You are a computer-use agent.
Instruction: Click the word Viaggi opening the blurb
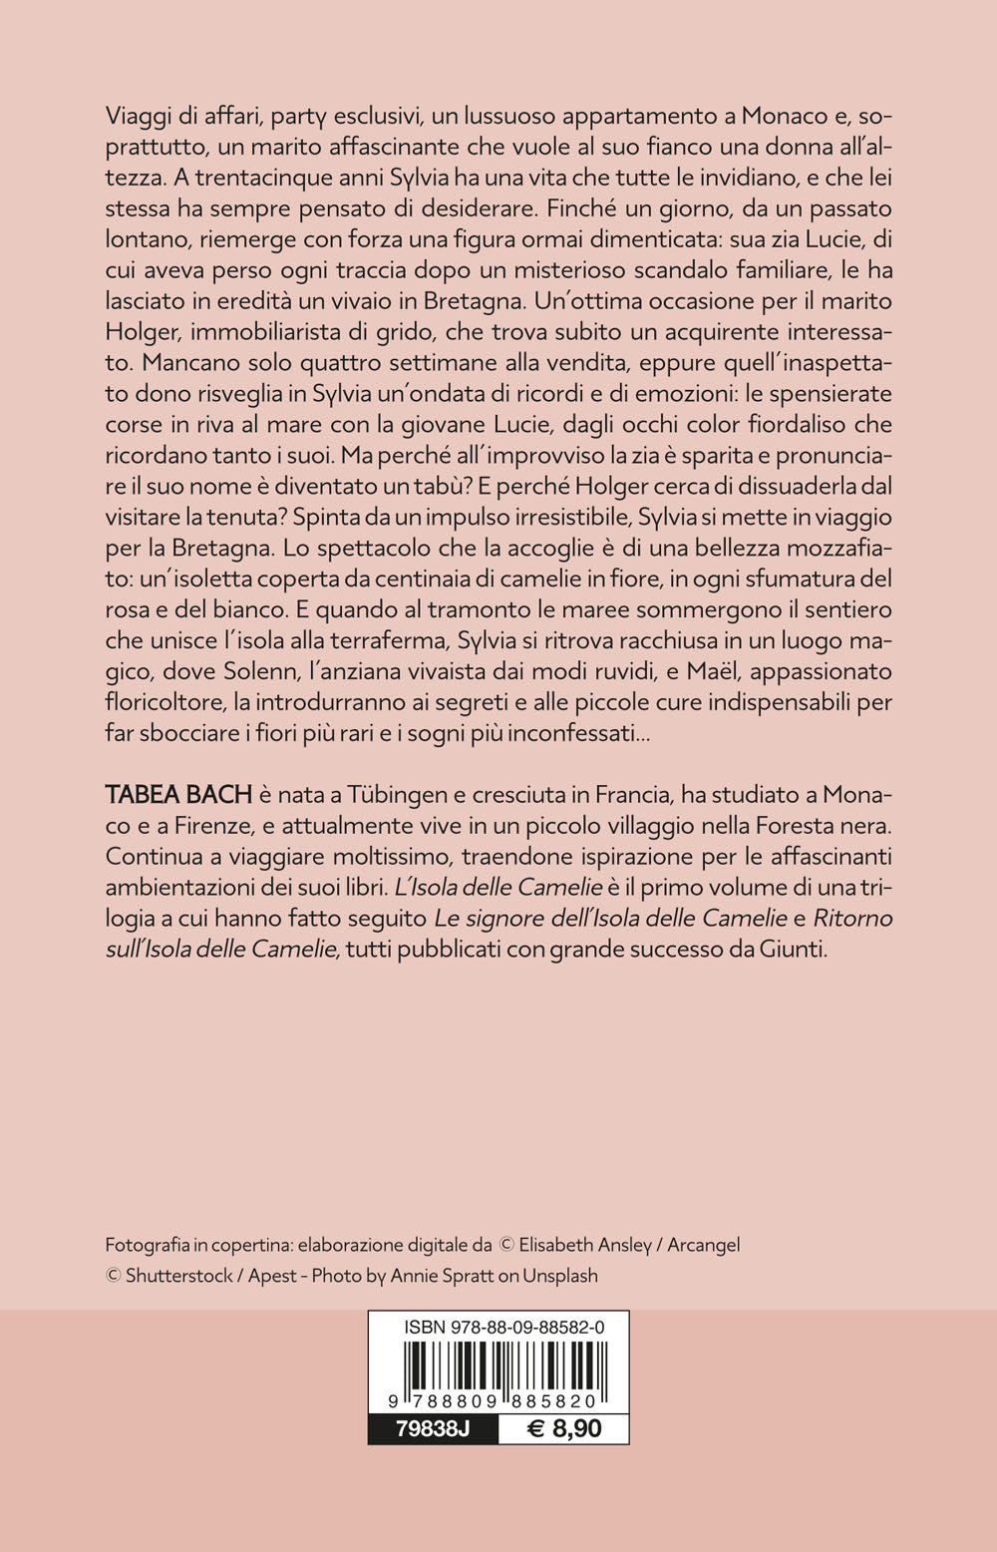pyautogui.click(x=138, y=117)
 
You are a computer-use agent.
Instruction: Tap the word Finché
pyautogui.click(x=590, y=209)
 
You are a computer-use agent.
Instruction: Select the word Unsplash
pyautogui.click(x=561, y=1276)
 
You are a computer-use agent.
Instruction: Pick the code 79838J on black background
pyautogui.click(x=432, y=1428)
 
